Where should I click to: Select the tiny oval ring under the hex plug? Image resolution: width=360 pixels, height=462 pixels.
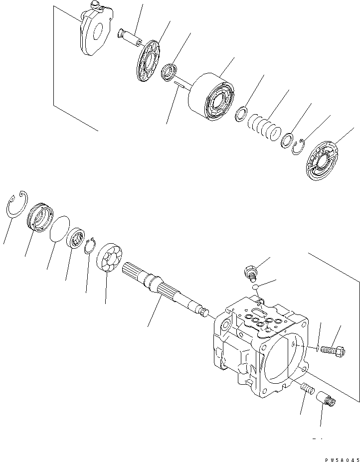coord(254,287)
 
